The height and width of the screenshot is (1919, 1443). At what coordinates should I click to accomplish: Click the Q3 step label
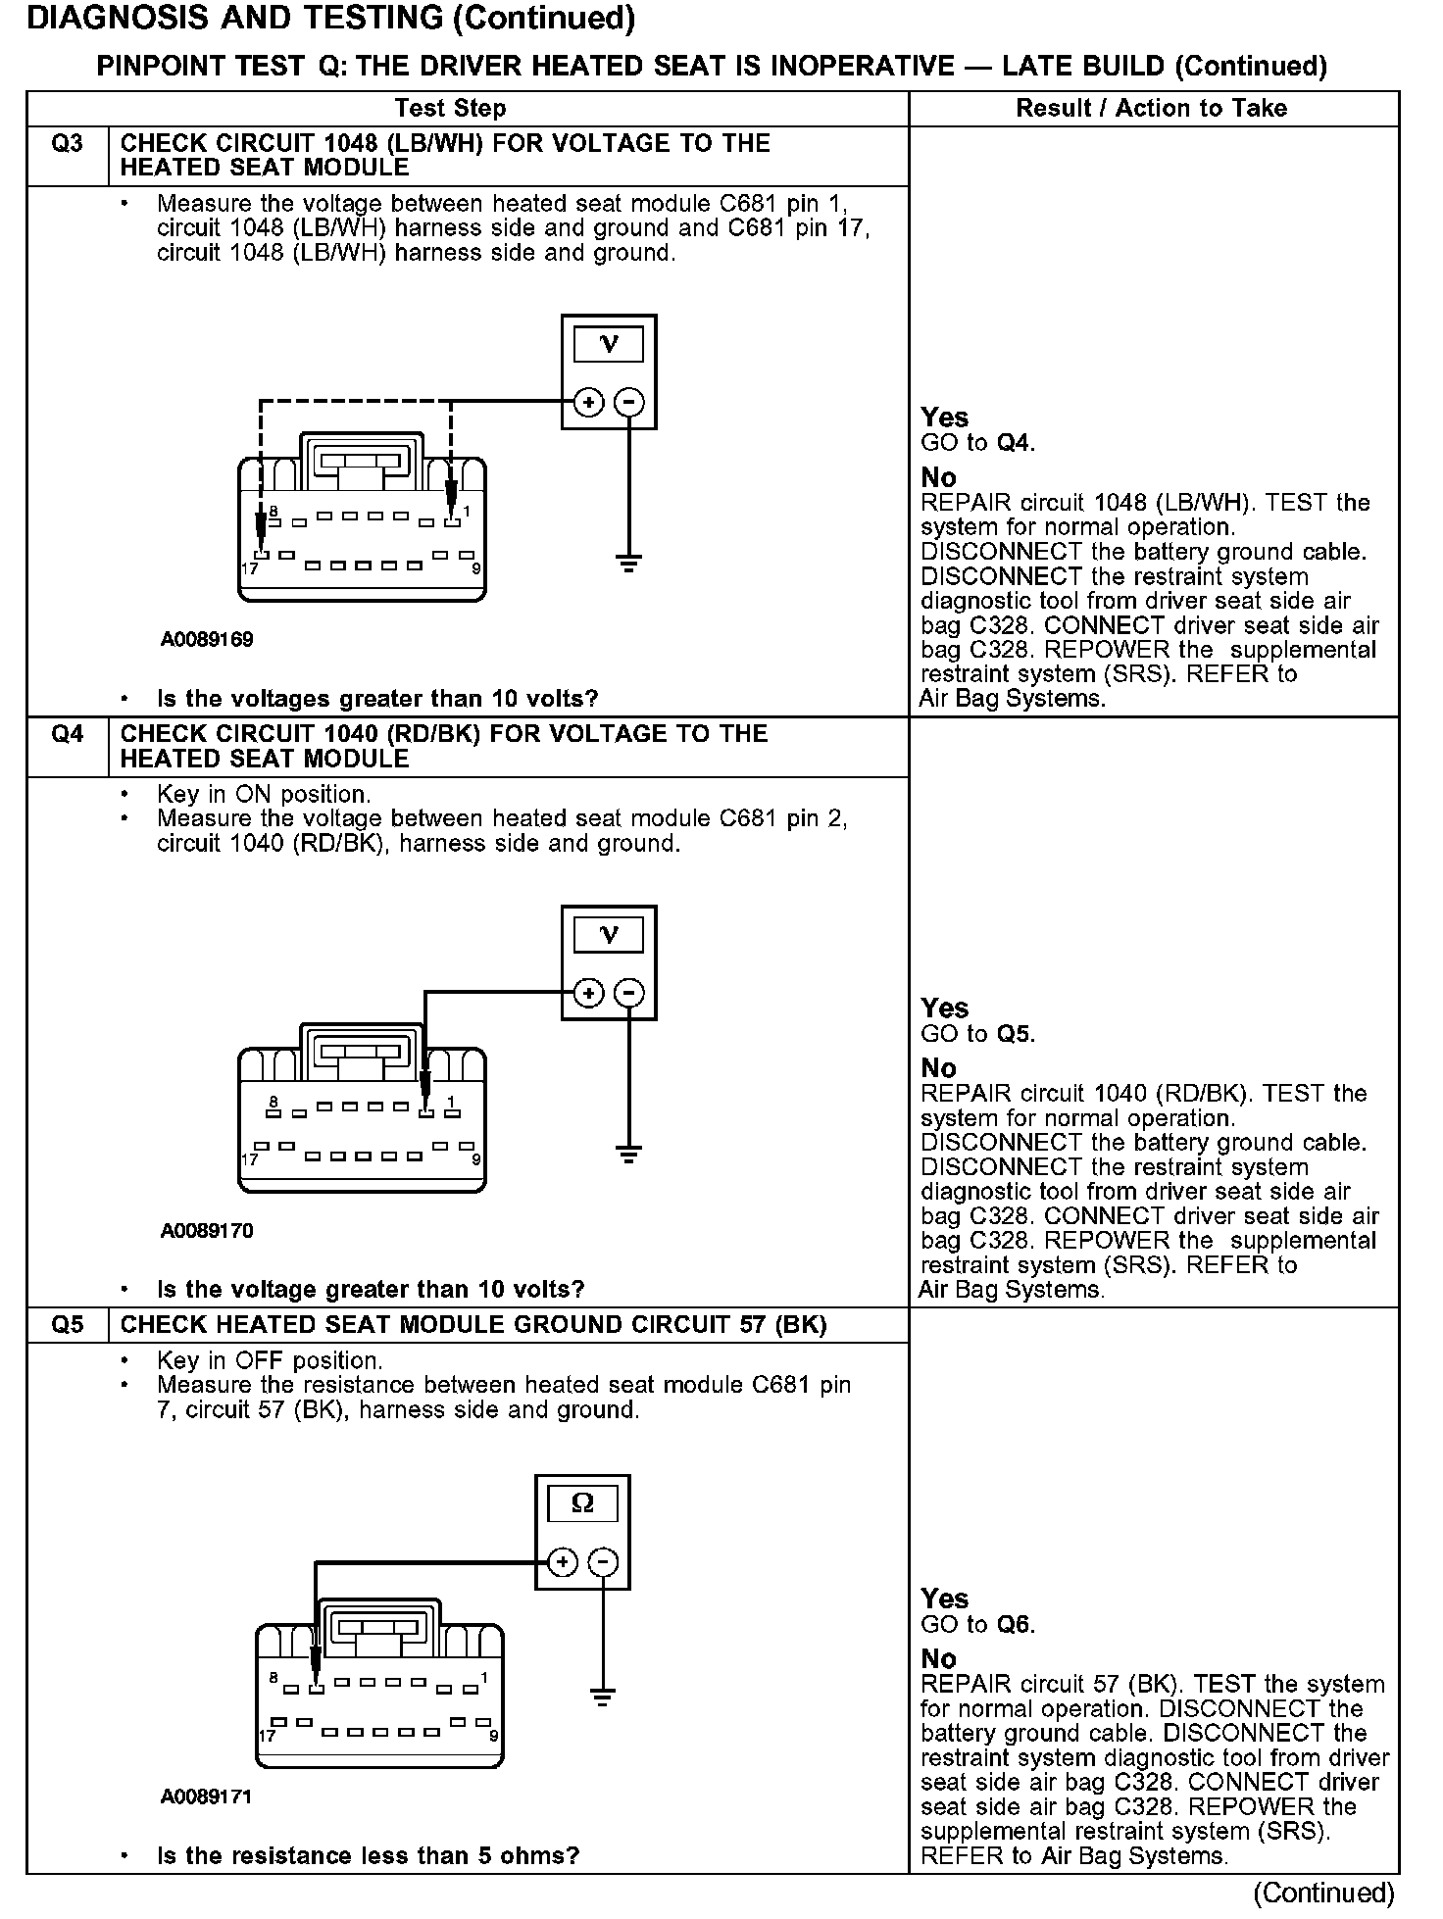67,144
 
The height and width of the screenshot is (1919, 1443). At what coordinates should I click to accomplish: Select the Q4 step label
67,734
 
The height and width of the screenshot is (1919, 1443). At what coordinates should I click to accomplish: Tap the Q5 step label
67,1325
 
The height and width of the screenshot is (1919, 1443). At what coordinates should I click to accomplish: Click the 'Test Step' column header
450,109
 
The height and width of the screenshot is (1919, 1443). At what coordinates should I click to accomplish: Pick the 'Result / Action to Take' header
1151,109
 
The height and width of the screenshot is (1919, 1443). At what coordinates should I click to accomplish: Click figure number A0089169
207,640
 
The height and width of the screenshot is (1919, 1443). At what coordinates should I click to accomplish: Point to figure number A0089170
207,1231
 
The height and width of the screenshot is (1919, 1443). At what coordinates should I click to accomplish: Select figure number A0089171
207,1797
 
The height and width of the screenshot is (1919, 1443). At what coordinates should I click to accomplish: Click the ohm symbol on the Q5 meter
582,1503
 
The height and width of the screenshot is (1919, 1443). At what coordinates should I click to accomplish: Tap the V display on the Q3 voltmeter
609,344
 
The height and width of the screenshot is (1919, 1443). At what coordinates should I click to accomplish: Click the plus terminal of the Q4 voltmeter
588,994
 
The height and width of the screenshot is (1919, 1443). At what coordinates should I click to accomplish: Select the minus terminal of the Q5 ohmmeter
603,1562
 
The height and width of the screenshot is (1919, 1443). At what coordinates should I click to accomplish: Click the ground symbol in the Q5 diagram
603,1698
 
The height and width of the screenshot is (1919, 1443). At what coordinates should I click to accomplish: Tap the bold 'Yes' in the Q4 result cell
944,1009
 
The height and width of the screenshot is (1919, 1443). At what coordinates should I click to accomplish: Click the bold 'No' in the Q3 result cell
938,478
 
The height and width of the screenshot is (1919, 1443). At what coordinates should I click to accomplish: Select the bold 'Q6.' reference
1016,1625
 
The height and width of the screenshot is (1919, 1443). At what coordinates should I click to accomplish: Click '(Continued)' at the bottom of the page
1323,1893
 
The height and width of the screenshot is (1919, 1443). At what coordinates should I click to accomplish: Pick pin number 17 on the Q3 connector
250,568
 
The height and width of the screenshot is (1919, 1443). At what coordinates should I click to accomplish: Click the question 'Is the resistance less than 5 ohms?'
368,1855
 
